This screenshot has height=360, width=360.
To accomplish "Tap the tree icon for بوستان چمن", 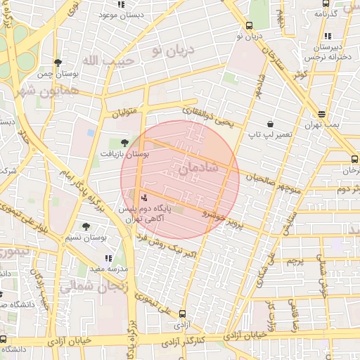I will pyautogui.click(x=58, y=63).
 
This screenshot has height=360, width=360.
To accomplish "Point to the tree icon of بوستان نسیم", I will pyautogui.click(x=86, y=226).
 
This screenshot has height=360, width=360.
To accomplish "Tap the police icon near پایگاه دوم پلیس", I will pyautogui.click(x=144, y=198).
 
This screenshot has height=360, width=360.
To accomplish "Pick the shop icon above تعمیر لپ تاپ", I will pyautogui.click(x=270, y=124).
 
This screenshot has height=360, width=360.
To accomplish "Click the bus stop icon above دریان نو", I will pyautogui.click(x=249, y=25).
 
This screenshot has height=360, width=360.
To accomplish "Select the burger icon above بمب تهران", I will pyautogui.click(x=321, y=114).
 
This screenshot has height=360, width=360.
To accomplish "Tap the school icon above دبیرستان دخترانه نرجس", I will pyautogui.click(x=327, y=36).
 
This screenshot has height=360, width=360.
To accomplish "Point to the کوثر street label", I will pyautogui.click(x=302, y=75).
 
